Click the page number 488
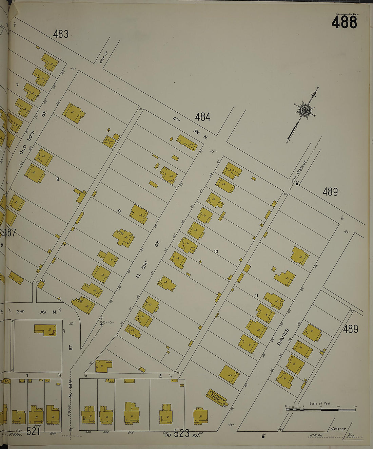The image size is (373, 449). coord(344,22)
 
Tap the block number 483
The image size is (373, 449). coord(61,34)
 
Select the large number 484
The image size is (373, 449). coord(202,117)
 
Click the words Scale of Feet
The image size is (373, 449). coord(320,404)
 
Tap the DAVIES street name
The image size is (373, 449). coord(282,337)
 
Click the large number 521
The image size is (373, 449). coord(34,431)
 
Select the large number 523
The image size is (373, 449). coord(181,433)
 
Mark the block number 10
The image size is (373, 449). coord(216,251)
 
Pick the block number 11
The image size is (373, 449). coord(256,296)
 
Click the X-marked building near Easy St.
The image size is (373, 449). coord(109,141)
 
